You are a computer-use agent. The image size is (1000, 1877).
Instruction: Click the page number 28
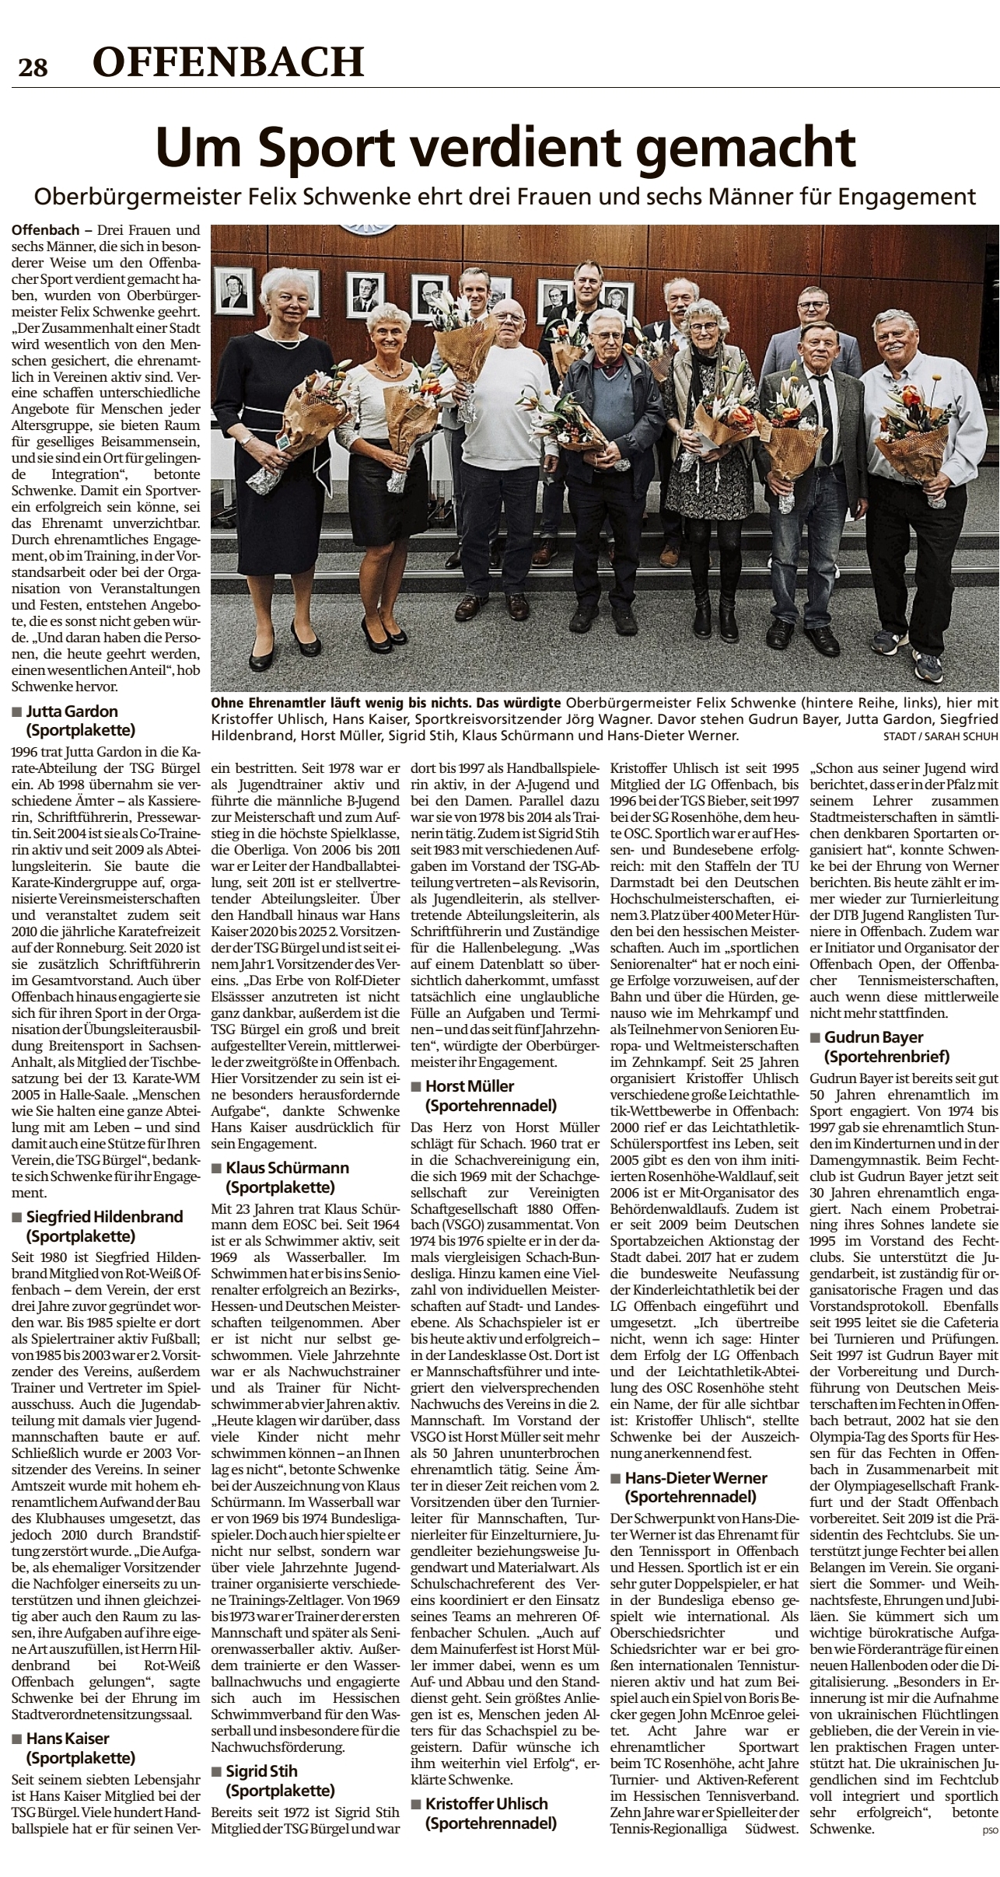click(33, 68)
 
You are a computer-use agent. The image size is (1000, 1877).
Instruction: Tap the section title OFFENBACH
click(228, 61)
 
